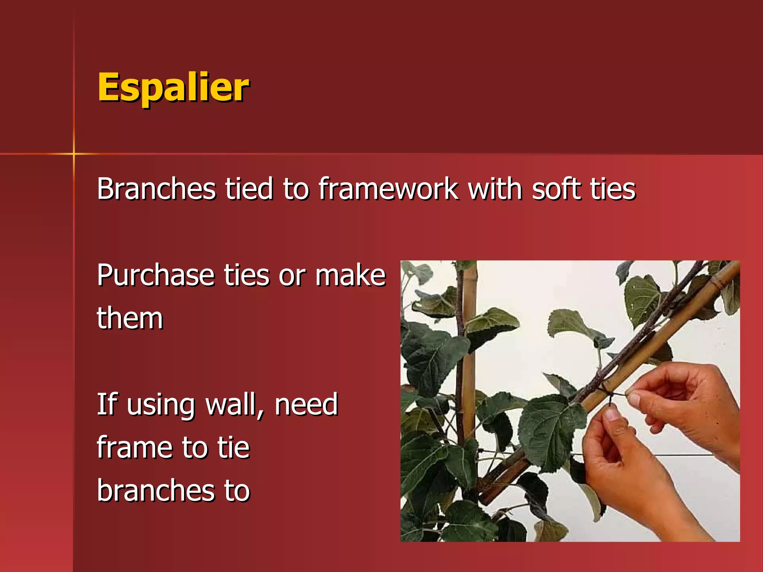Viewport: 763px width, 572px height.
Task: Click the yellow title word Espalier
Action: (x=173, y=88)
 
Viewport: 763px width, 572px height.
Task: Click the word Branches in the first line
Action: (x=156, y=189)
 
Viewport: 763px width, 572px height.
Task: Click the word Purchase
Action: (x=155, y=276)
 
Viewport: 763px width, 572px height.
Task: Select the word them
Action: (x=130, y=319)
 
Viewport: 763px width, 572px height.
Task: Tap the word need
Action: (x=306, y=405)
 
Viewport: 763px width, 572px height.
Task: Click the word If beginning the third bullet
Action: (x=107, y=405)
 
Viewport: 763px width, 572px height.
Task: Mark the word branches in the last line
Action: (x=156, y=491)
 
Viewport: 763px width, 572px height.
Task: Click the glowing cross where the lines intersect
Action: (x=74, y=153)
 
